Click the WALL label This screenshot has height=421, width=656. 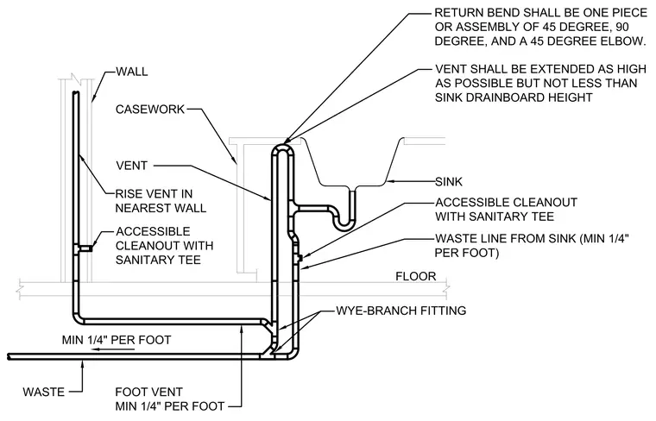coord(132,72)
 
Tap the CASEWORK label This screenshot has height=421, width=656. coord(150,109)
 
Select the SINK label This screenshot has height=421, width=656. coord(449,181)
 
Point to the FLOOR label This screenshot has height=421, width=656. coord(416,276)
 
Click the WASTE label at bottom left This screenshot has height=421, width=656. coord(44,393)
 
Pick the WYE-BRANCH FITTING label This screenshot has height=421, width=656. coord(401,311)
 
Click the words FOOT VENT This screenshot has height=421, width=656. coord(149,393)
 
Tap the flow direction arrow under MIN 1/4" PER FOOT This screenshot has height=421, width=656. coord(113,349)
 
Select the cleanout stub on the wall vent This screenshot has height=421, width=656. coord(85,248)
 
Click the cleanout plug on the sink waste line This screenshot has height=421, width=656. coord(300,256)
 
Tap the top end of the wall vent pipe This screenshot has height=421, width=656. coord(76,93)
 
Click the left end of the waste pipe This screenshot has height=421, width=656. coord(9,356)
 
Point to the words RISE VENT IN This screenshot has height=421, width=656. coord(154,194)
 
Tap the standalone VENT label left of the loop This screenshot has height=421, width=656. coord(132,166)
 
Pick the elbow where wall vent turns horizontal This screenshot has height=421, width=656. coord(79,318)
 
